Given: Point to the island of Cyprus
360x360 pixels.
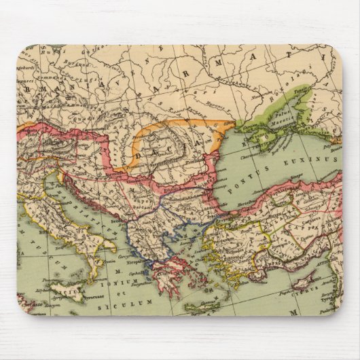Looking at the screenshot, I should coord(304,278).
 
